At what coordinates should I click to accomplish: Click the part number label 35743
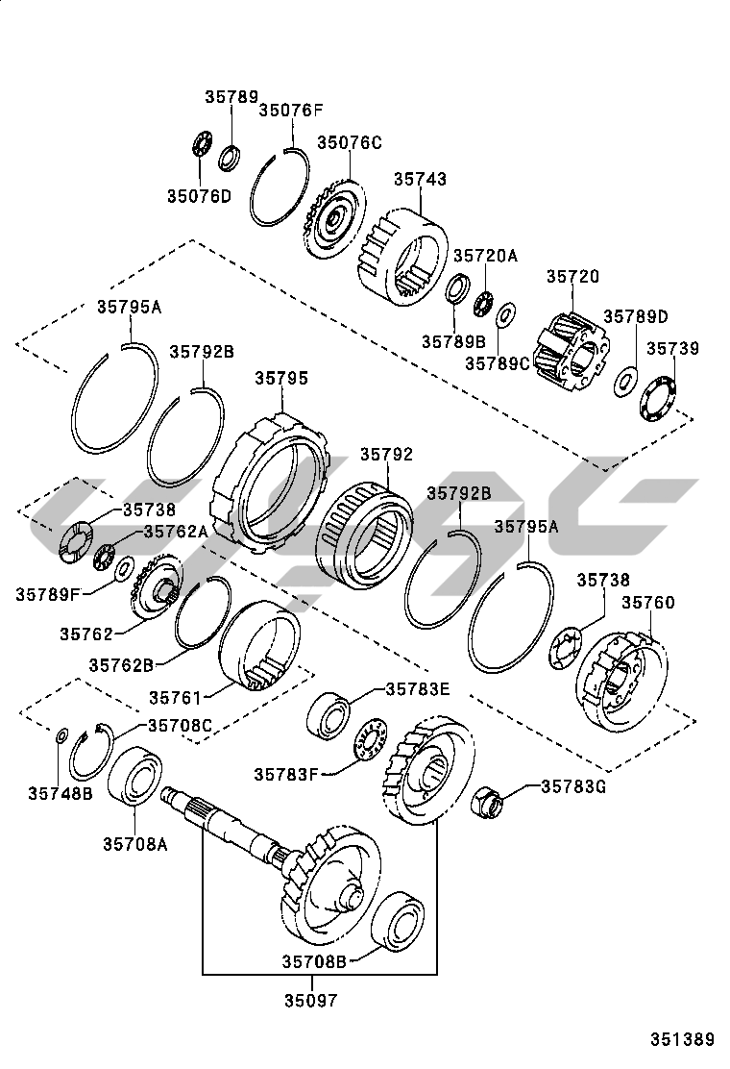420,179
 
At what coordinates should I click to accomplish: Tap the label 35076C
350,142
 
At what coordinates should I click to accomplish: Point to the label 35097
310,1000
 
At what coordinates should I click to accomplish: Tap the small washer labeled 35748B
61,736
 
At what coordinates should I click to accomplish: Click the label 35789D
635,316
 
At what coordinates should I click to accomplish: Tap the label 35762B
122,663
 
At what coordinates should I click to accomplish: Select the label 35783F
286,773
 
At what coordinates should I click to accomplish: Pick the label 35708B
313,959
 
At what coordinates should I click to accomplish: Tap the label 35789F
47,594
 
